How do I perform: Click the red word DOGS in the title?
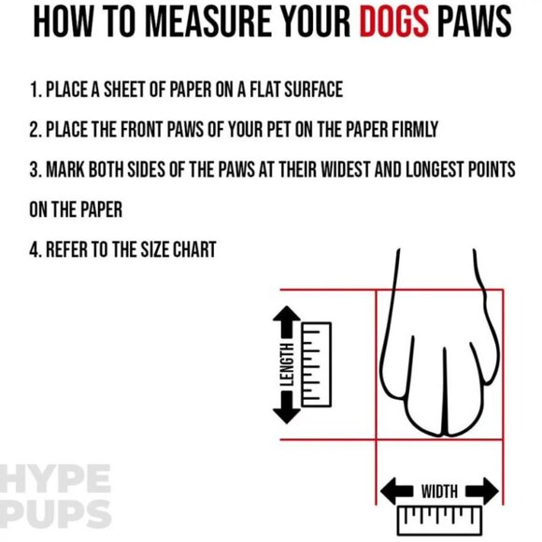point(394,21)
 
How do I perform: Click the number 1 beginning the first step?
point(34,90)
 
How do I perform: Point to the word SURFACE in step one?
point(313,90)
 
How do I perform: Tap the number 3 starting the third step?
point(34,169)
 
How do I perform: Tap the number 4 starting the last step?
point(35,250)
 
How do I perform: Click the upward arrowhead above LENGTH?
point(287,314)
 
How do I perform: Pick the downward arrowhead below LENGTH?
point(287,415)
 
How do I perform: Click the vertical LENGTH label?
point(287,364)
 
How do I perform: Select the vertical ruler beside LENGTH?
point(316,364)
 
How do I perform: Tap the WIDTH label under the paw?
point(439,492)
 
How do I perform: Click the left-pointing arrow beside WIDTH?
point(396,491)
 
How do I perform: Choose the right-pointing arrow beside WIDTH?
point(482,491)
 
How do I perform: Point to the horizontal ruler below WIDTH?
point(439,520)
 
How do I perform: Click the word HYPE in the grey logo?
point(55,478)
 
